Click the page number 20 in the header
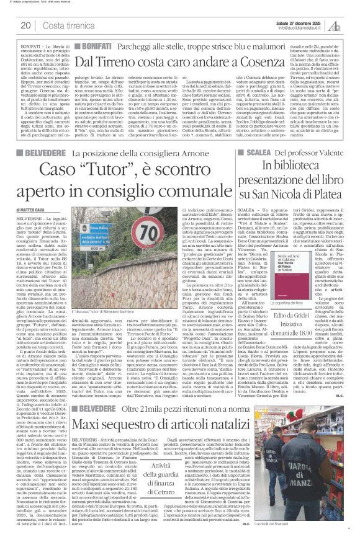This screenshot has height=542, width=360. click(26, 25)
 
